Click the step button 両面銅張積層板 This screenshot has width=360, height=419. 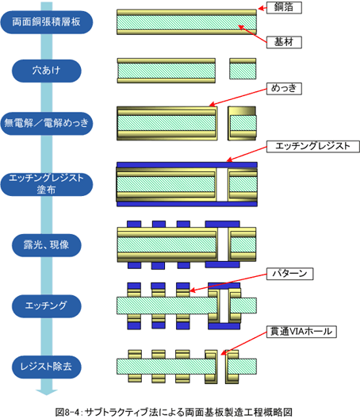47,22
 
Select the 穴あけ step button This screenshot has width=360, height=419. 47,71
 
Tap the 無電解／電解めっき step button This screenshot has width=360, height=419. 47,124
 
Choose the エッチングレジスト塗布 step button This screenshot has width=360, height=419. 47,184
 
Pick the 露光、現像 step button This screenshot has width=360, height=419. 47,245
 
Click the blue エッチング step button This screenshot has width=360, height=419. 47,306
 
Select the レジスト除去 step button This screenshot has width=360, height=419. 47,367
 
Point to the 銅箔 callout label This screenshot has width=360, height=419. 284,7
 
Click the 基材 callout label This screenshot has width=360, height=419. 284,42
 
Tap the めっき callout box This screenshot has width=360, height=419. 284,88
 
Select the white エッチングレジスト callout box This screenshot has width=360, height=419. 313,147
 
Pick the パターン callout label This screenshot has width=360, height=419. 289,274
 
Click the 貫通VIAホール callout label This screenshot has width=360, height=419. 301,332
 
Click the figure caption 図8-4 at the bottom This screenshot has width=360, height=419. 174,413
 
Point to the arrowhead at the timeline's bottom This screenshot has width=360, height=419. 47,392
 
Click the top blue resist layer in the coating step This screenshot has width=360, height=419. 187,164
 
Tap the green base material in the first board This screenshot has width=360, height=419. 186,22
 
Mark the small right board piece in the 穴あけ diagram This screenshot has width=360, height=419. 243,69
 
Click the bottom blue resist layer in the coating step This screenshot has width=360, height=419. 187,204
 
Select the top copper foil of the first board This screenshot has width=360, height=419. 186,12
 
